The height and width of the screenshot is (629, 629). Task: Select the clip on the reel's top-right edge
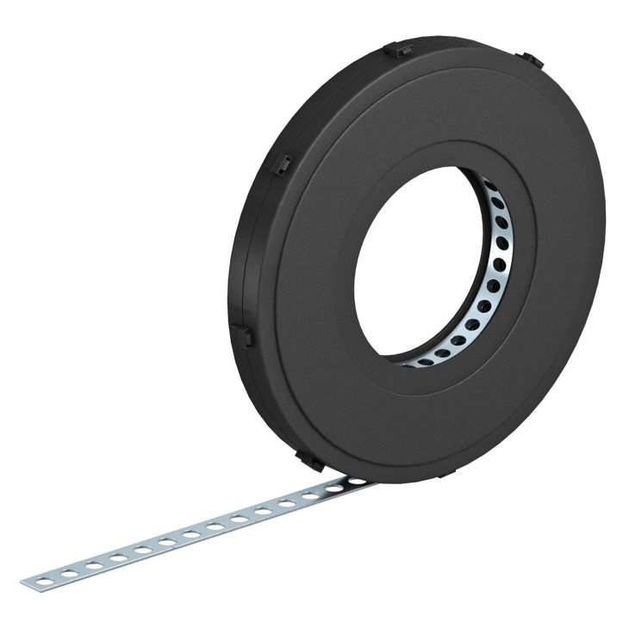[x=531, y=60]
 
